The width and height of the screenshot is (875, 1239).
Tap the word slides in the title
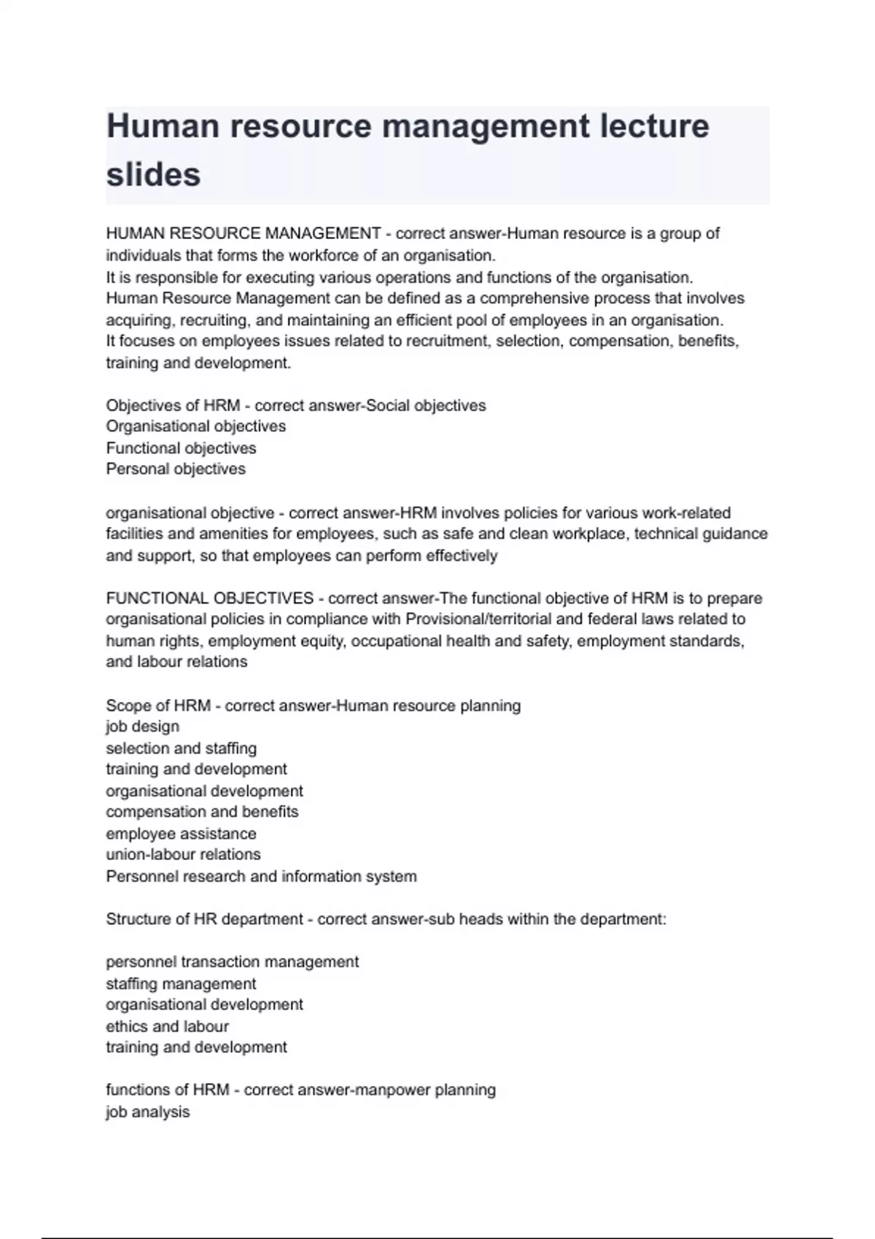tap(153, 174)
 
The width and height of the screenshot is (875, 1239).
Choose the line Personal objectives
tap(176, 469)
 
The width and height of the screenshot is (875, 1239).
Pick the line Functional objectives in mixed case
tap(181, 447)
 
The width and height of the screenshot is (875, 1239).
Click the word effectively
tap(462, 555)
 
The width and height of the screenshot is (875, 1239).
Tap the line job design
tap(142, 727)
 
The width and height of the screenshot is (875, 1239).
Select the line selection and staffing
tap(181, 748)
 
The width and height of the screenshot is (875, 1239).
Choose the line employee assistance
tap(181, 833)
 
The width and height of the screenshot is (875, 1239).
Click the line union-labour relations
tap(183, 854)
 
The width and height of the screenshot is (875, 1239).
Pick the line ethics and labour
tap(167, 1026)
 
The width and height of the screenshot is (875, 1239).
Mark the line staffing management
tap(181, 983)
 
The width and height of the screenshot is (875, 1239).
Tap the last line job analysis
tap(147, 1112)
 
